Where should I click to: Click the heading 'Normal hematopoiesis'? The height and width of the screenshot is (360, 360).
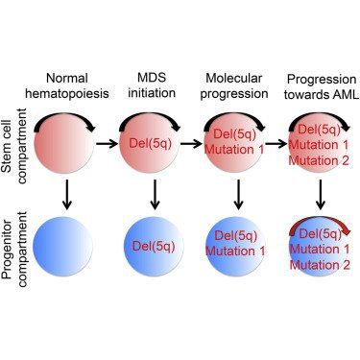pos(67,85)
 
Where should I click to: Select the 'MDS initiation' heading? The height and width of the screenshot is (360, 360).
pos(152,84)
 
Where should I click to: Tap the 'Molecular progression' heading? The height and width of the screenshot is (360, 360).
pos(234,85)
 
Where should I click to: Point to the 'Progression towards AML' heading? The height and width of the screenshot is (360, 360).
pos(322,86)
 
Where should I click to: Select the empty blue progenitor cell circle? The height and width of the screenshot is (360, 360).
pos(62,247)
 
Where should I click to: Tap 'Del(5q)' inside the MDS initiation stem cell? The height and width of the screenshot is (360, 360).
pos(151,143)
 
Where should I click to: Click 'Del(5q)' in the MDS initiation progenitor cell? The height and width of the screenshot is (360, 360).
pos(154,246)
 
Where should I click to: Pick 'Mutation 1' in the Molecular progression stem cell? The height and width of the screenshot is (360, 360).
pos(234,150)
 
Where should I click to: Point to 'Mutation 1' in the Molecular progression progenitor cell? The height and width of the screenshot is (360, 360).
pos(235,251)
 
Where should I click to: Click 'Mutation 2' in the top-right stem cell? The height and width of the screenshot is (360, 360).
pos(319,160)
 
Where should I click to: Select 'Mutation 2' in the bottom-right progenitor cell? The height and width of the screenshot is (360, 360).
pos(320,265)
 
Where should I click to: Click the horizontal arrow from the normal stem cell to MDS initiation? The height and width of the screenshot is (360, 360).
pos(108,144)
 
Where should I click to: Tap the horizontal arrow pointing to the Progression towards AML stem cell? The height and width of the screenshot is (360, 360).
pos(276,144)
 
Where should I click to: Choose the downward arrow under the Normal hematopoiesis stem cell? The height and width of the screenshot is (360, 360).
pos(66,195)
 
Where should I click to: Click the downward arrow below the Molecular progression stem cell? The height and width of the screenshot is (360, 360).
pos(238,195)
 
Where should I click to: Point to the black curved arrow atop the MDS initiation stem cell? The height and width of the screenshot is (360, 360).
pos(150,115)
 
